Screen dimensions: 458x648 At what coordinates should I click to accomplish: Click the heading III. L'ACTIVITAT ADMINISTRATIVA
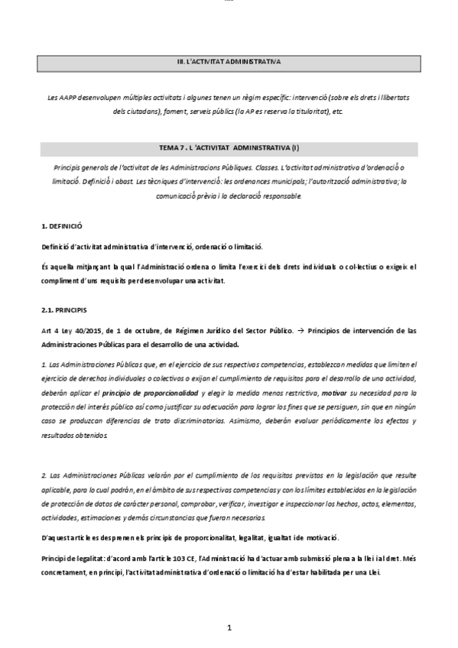(x=229, y=60)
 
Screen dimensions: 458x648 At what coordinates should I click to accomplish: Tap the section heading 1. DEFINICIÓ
(x=61, y=227)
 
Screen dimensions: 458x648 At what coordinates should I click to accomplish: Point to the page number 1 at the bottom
(x=229, y=627)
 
